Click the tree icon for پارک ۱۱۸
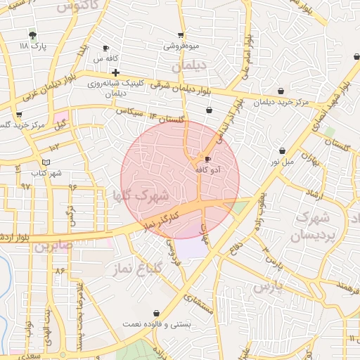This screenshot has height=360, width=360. pos(32,34)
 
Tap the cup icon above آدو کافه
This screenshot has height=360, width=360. pos(207,160)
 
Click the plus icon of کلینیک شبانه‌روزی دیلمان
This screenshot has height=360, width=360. pos(115,72)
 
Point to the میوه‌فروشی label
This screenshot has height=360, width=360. pos(181,46)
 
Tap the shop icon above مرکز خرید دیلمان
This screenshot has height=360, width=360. pos(281,91)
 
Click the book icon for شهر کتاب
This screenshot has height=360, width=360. pos(46,162)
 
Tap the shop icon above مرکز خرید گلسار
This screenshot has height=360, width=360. pos(19,115)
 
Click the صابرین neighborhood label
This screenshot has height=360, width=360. pos(53,246)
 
